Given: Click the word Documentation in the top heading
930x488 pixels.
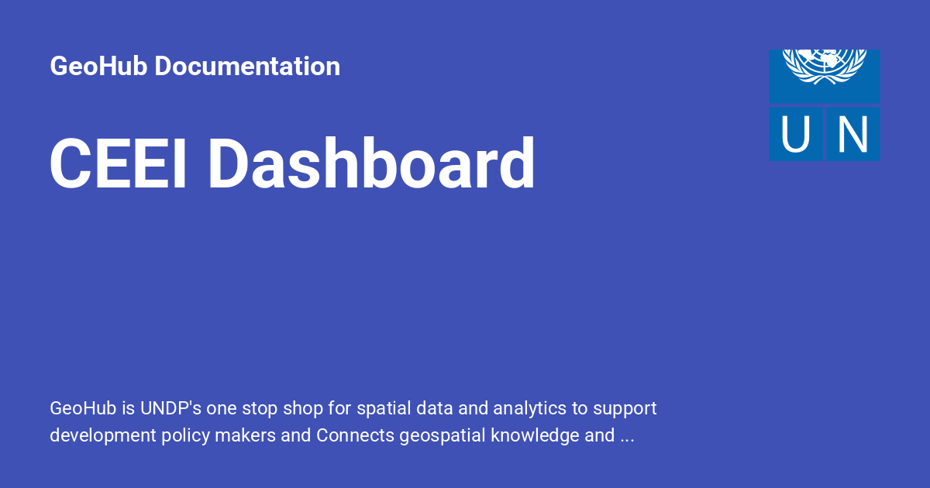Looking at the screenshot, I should [x=247, y=67].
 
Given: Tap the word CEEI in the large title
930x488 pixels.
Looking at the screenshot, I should [x=119, y=164].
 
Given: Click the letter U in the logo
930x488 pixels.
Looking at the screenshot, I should [x=795, y=134].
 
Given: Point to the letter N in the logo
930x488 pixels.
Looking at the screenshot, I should [x=852, y=134].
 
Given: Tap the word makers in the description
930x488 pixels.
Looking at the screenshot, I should [x=247, y=436].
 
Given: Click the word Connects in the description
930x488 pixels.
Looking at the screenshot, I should [x=355, y=436].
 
